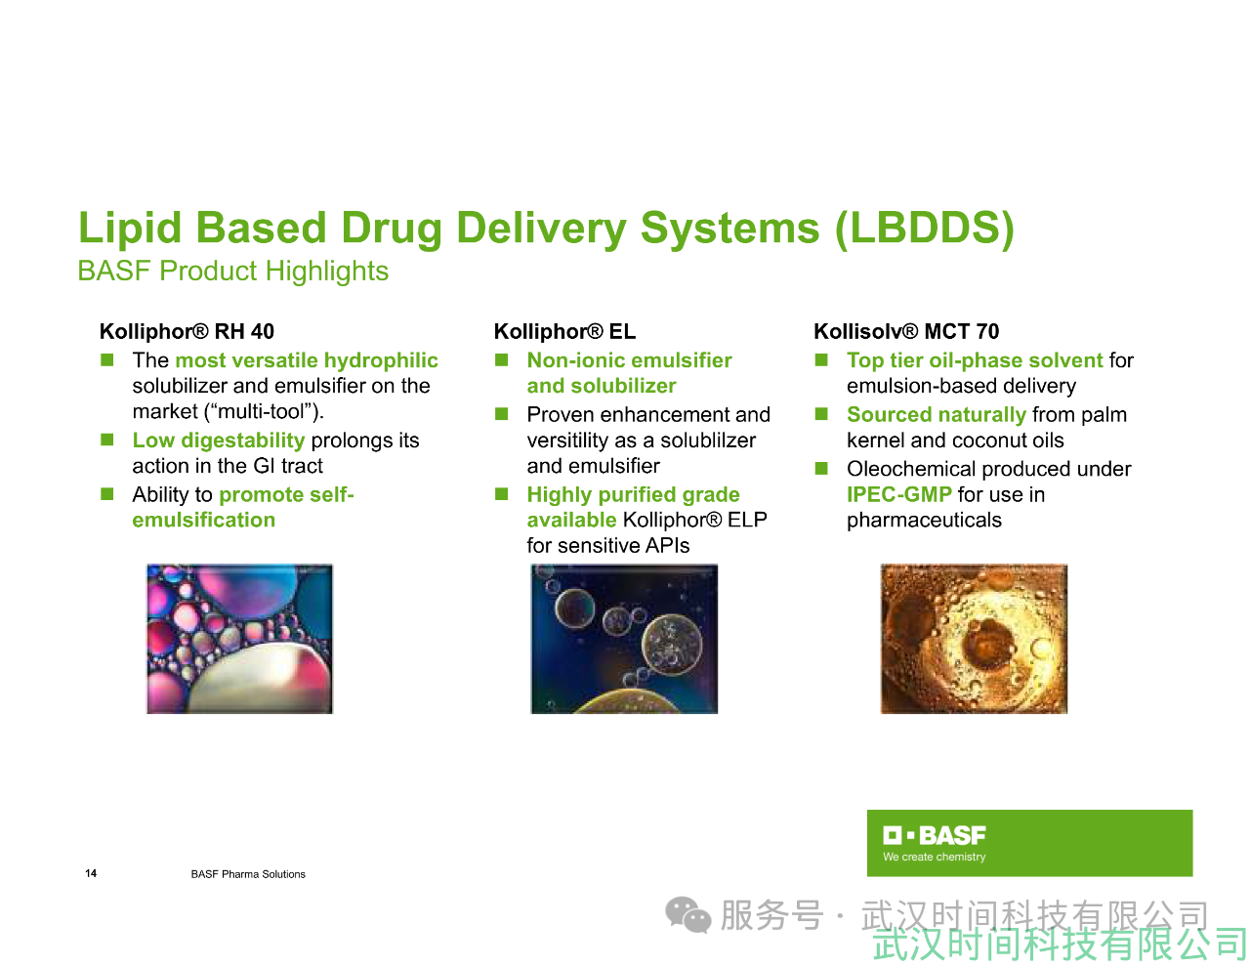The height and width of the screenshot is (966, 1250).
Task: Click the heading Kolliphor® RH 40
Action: pyautogui.click(x=187, y=331)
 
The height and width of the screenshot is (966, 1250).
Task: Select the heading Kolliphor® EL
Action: pyautogui.click(x=564, y=331)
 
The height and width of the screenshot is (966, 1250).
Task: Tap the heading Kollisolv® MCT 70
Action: pyautogui.click(x=906, y=331)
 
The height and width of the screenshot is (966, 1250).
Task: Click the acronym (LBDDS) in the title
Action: pyautogui.click(x=925, y=228)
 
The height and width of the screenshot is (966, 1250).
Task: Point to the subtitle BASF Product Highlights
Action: pyautogui.click(x=233, y=271)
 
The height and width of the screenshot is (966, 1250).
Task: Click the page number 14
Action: pyautogui.click(x=91, y=873)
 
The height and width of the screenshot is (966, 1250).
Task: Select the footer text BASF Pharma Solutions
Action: pyautogui.click(x=248, y=874)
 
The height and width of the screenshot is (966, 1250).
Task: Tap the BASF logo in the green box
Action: pyautogui.click(x=935, y=835)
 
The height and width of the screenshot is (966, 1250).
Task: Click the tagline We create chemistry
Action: pyautogui.click(x=935, y=857)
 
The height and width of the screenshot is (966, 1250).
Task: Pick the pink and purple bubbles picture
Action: pyautogui.click(x=240, y=639)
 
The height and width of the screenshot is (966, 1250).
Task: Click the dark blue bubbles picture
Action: pyautogui.click(x=624, y=639)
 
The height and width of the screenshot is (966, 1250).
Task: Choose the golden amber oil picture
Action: pyautogui.click(x=974, y=639)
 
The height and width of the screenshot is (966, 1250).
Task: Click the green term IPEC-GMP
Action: pyautogui.click(x=899, y=494)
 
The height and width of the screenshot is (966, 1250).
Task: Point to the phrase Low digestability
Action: pyautogui.click(x=219, y=441)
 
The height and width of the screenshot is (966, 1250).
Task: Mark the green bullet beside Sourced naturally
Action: pyautogui.click(x=821, y=414)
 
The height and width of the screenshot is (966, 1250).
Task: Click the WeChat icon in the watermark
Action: pyautogui.click(x=688, y=915)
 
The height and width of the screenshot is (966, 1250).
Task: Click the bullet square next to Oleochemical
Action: pyautogui.click(x=821, y=468)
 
